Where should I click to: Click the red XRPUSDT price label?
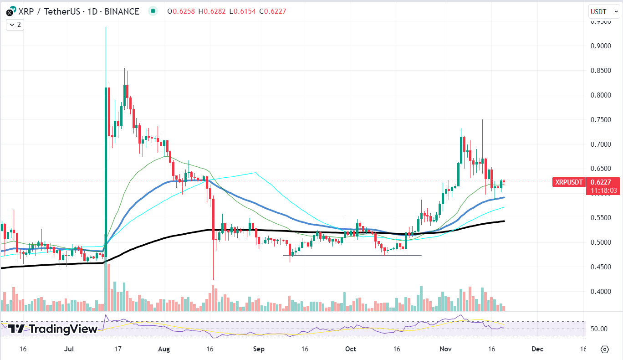(x=568, y=182)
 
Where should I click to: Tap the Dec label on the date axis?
(x=537, y=349)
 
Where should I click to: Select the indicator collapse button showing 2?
(x=15, y=25)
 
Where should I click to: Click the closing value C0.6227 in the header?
(x=272, y=11)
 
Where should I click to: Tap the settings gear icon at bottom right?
(x=604, y=350)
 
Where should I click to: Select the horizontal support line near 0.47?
(x=355, y=256)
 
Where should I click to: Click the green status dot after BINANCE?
(x=153, y=11)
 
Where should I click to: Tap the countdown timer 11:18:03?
(x=603, y=190)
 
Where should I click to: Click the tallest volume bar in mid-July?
(x=106, y=287)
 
